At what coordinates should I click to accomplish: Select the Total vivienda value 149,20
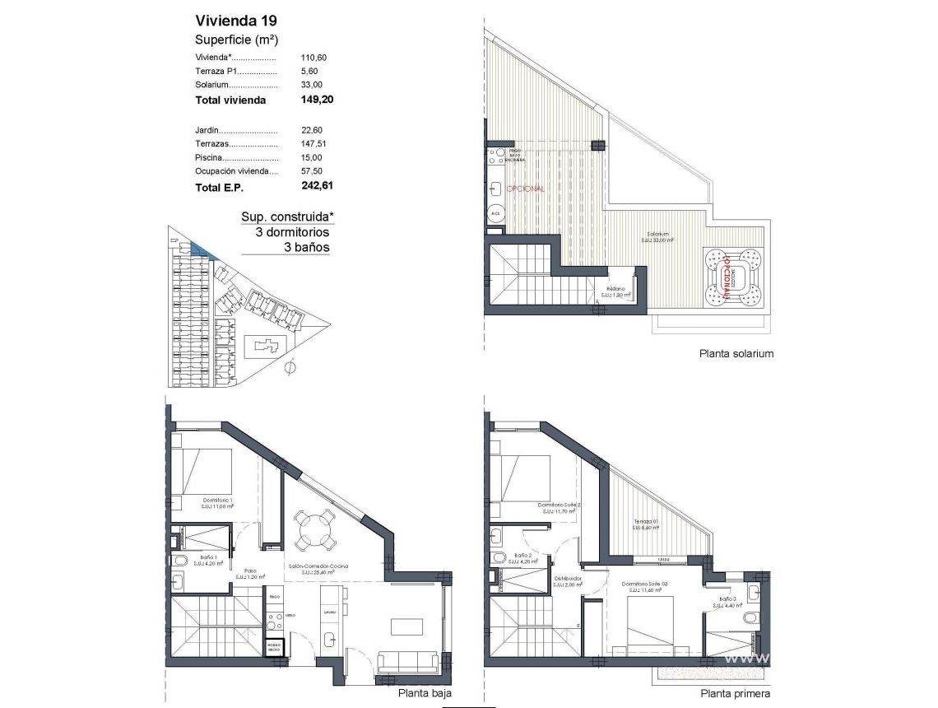point(318,100)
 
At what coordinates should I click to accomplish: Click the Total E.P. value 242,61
point(318,186)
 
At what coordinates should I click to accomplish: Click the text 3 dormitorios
point(292,232)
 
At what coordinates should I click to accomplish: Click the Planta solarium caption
point(736,353)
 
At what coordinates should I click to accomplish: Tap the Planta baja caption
point(424,693)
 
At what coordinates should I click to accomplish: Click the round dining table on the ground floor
point(315,531)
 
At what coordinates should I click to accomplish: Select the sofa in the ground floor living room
point(407,661)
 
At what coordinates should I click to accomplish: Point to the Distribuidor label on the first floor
point(567,579)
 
